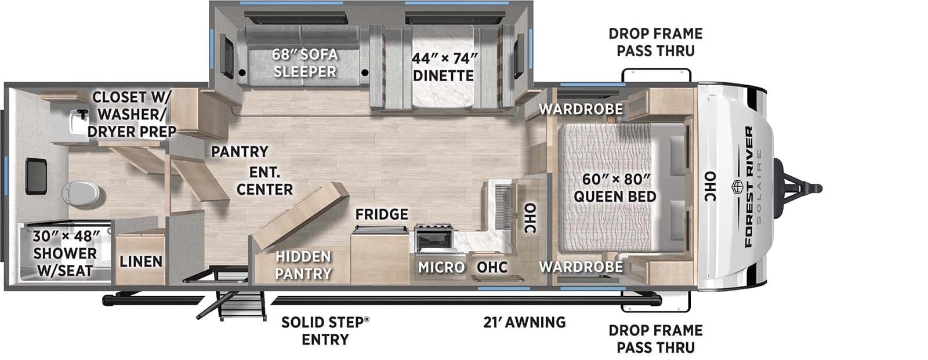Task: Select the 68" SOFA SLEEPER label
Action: point(305,63)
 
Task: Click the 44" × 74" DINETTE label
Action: point(444,67)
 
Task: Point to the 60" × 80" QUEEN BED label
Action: point(615,187)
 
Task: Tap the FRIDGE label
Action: point(382,214)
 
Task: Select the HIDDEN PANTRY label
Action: point(303,264)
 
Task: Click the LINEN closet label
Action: point(141,261)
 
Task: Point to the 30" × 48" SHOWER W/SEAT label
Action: point(65,253)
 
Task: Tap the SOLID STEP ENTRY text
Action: point(325,330)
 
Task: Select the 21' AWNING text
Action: point(524,322)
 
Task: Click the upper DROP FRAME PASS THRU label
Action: point(655,42)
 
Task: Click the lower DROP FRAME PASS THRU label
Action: point(655,339)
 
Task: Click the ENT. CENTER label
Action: point(264,180)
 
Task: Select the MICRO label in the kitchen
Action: point(441,267)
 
